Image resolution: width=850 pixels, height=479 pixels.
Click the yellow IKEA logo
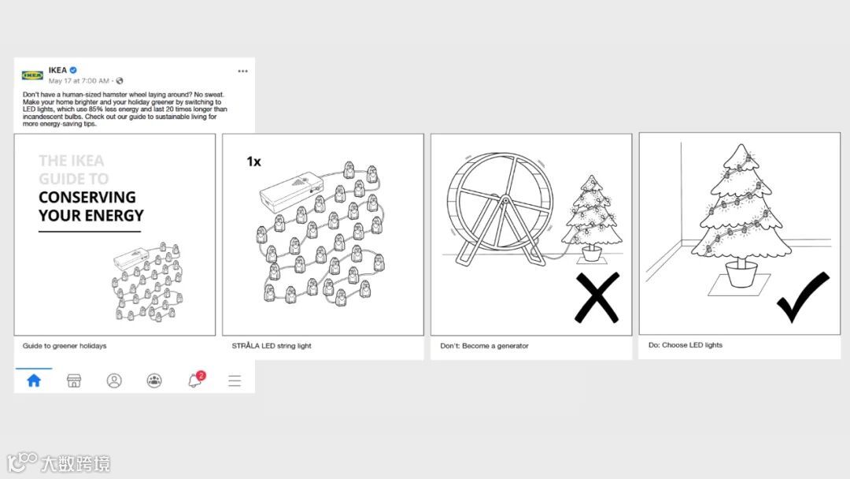pos(32,76)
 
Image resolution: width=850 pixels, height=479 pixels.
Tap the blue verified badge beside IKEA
pos(73,70)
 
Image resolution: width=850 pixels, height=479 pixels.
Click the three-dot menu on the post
pos(242,71)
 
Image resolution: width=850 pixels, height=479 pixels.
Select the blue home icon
pos(34,381)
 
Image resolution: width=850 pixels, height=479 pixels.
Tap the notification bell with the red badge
pos(195,379)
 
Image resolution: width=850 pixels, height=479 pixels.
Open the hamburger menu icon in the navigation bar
pos(235,381)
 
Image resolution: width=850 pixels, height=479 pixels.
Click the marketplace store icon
pos(74,381)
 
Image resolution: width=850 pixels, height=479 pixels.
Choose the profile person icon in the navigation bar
pos(114,381)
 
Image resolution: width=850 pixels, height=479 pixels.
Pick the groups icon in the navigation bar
pos(154,381)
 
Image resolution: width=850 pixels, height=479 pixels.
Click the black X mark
pos(597,298)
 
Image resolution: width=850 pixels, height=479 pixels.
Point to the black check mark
pos(803,297)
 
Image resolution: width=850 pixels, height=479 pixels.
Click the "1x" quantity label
pos(253,162)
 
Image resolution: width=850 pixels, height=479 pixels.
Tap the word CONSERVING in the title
pos(87,197)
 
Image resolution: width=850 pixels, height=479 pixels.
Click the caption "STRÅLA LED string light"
pos(272,346)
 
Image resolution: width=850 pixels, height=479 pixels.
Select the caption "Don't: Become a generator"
pos(484,346)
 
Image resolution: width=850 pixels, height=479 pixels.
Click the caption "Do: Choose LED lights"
pos(686,345)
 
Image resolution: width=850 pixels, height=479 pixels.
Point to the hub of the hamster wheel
pos(505,201)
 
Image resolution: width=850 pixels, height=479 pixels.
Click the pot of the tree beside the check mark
pos(741,273)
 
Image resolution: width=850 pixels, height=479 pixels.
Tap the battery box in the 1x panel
pos(291,191)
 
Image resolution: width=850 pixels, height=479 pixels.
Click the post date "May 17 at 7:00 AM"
pos(79,81)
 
